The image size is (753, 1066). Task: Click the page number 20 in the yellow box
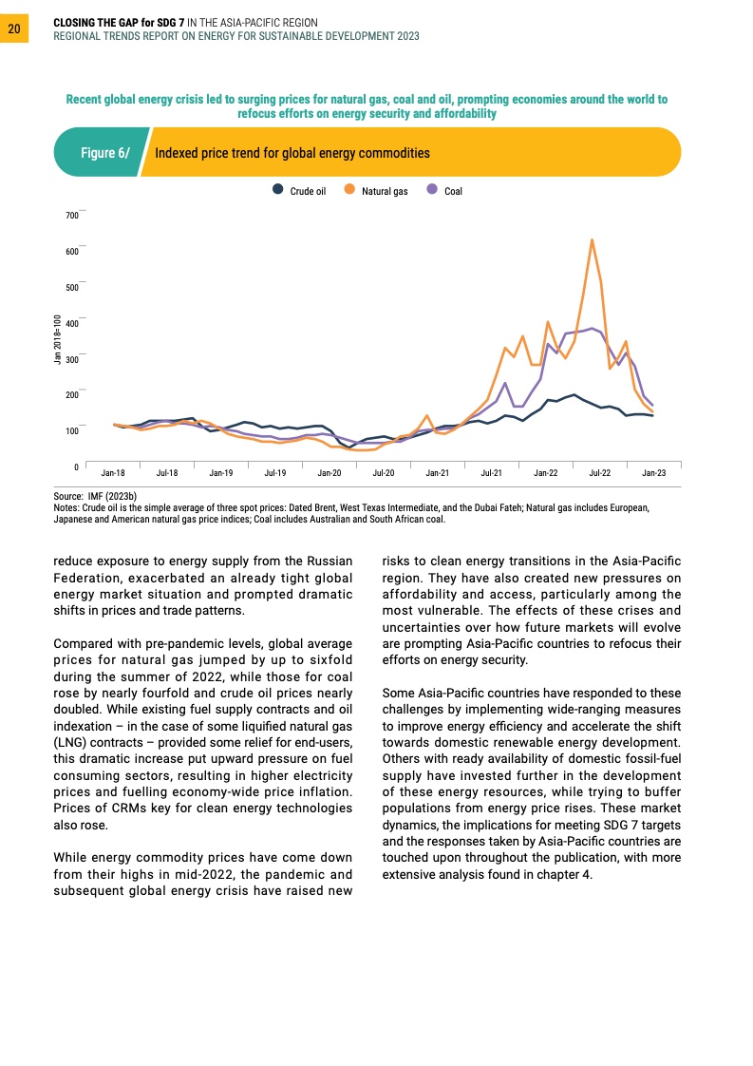click(x=14, y=29)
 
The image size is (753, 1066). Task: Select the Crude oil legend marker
click(x=277, y=190)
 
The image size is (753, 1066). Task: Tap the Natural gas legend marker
click(x=349, y=190)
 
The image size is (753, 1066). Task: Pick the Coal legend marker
click(x=432, y=190)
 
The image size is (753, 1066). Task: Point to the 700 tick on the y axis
click(x=72, y=216)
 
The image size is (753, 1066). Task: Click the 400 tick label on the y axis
click(x=72, y=323)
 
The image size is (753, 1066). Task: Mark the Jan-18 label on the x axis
click(x=113, y=472)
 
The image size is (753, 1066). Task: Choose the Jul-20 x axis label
click(x=384, y=472)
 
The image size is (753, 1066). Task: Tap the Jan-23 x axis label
click(x=653, y=472)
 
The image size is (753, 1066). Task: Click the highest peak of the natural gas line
click(x=592, y=239)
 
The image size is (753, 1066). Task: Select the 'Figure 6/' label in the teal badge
click(x=104, y=153)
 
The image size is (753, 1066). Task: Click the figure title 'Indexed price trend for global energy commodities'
click(x=292, y=153)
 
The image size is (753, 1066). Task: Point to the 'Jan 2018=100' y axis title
click(x=57, y=339)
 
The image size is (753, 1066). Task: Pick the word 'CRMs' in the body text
click(x=118, y=809)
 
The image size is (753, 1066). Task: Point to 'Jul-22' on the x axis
click(x=599, y=472)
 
